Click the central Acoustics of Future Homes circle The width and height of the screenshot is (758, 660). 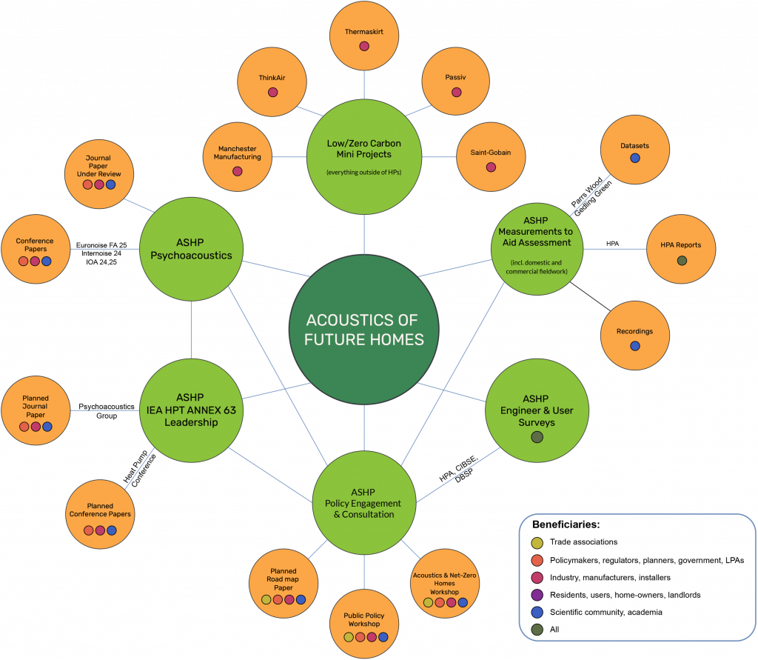point(363,330)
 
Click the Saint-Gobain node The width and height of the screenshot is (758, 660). point(490,156)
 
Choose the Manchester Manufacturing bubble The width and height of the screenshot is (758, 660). point(237,156)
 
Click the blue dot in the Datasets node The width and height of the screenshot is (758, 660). point(634,158)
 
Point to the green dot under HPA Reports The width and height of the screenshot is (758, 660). point(681,261)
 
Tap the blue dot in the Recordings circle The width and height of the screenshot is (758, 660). point(634,346)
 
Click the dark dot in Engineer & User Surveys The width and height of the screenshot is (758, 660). point(537,437)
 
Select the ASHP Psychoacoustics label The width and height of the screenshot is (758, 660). point(191,249)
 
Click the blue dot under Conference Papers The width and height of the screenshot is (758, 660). point(47,261)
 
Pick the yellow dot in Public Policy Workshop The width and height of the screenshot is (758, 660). point(349,636)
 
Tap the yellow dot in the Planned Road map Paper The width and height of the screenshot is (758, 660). point(266,599)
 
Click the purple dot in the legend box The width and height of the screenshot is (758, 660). point(537,595)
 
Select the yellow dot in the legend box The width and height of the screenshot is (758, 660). point(537,543)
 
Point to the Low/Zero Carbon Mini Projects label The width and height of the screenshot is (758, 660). point(363,149)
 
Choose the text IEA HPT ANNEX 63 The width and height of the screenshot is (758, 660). point(191,410)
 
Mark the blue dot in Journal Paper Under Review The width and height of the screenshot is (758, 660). point(110,184)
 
